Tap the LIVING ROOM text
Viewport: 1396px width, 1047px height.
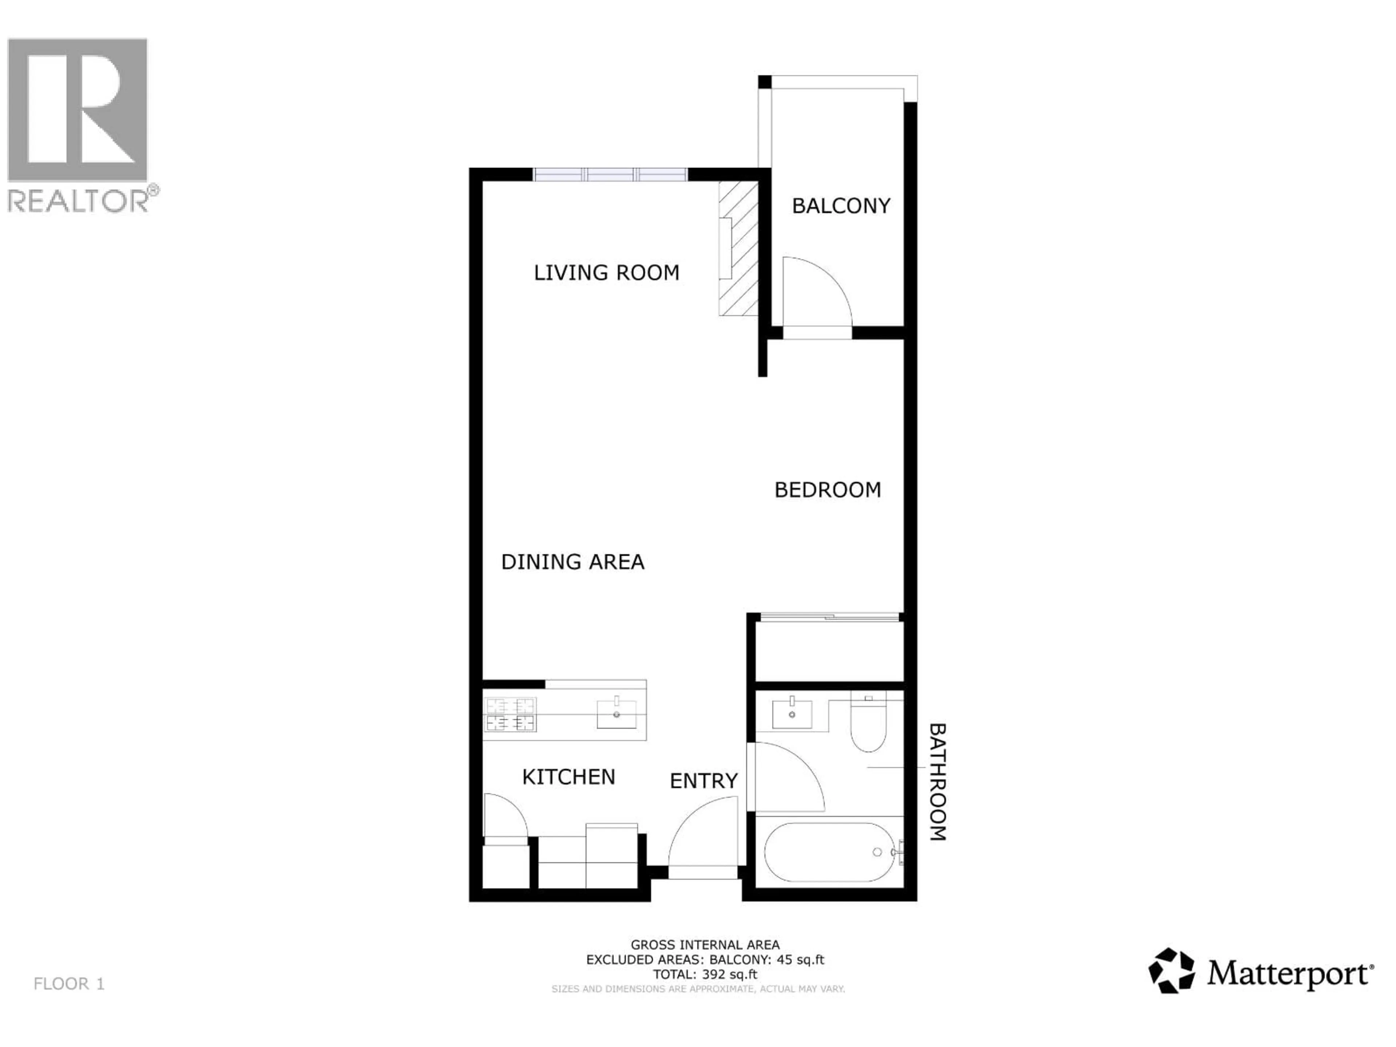coord(606,273)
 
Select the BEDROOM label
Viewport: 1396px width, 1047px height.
coord(827,490)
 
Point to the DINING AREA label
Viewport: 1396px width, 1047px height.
coord(573,562)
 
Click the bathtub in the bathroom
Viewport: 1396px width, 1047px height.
coord(829,852)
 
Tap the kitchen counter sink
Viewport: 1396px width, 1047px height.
coord(616,713)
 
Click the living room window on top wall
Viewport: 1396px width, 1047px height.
coord(610,175)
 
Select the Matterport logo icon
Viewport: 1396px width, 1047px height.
coord(1171,971)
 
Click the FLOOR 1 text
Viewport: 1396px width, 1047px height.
coord(69,984)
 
